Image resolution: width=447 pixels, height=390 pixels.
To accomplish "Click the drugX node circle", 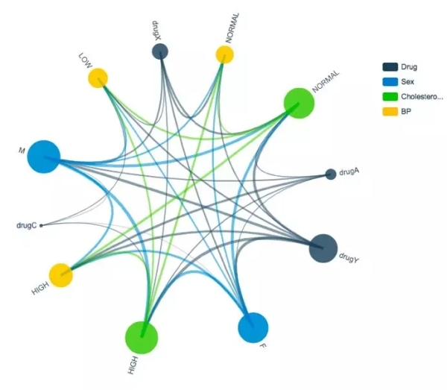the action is [x=160, y=51].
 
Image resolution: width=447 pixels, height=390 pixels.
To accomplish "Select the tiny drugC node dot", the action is [x=41, y=225].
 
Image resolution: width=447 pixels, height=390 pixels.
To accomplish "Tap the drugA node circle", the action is [x=331, y=174].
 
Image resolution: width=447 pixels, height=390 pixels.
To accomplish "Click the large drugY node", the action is [x=323, y=248].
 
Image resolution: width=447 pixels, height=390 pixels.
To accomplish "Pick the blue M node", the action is [x=44, y=157].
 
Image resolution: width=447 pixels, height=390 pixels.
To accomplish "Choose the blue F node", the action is [x=253, y=327].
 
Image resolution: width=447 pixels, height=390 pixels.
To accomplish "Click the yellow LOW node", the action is [x=98, y=78].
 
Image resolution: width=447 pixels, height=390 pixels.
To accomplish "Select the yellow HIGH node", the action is [x=61, y=275].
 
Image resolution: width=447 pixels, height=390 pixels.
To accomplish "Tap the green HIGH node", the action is [x=142, y=338].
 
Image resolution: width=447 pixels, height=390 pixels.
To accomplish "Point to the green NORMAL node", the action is [x=299, y=103].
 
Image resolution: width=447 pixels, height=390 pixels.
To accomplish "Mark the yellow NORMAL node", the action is [x=225, y=54].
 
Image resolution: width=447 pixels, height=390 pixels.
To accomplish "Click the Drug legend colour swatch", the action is [x=390, y=67].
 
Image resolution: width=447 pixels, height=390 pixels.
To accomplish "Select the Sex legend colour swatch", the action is [x=390, y=82].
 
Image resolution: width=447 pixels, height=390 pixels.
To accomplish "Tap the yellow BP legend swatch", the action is [x=390, y=112].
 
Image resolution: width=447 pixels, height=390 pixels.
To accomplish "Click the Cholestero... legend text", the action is [x=422, y=97].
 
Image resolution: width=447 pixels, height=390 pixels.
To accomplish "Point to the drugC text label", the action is [x=27, y=226].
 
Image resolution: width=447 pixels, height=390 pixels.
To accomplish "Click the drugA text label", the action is [x=349, y=172].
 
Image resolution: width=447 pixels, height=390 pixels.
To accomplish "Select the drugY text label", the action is [x=349, y=257].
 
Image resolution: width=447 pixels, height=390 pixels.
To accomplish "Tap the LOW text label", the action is [x=85, y=60].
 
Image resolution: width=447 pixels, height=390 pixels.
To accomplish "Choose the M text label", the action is [x=22, y=150].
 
